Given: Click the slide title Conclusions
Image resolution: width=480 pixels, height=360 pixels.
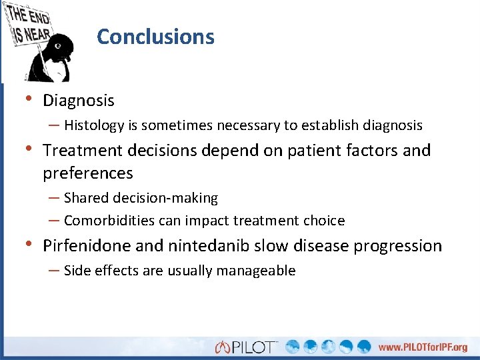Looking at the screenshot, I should (x=155, y=37).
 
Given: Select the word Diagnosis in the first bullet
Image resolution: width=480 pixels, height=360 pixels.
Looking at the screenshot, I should (x=79, y=101).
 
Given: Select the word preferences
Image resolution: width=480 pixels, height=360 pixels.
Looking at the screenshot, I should (x=88, y=173).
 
